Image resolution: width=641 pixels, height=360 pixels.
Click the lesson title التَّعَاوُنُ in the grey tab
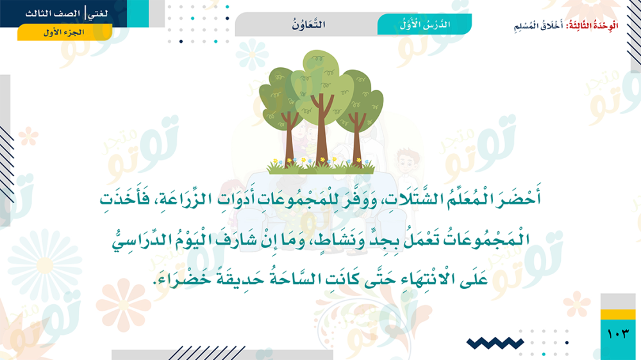[309, 24]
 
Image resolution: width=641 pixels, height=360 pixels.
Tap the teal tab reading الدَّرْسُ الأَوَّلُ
[424, 24]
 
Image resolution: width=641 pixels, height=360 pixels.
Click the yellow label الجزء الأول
[65, 32]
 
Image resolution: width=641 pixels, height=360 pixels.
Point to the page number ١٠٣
[618, 334]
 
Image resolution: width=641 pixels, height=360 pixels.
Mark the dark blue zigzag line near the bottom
[495, 343]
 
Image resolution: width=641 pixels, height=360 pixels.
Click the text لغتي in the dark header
[98, 13]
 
